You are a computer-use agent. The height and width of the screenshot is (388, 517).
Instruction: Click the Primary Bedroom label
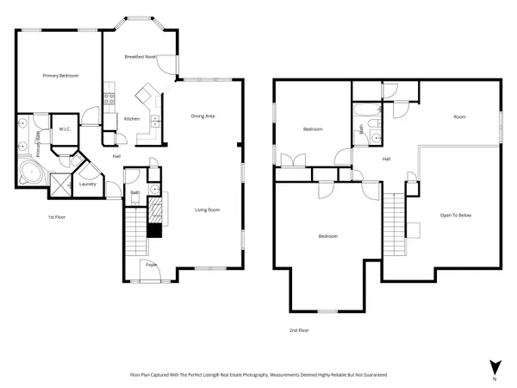(61, 76)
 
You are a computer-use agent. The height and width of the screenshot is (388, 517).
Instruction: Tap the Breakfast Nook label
(139, 56)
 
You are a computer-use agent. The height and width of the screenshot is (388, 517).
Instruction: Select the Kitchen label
(132, 118)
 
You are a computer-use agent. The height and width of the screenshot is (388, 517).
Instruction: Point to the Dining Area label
(202, 115)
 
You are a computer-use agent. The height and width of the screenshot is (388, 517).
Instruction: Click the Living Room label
(207, 210)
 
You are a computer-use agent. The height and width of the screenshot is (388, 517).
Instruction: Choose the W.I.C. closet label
(64, 129)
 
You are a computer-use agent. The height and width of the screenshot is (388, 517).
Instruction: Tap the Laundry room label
(87, 184)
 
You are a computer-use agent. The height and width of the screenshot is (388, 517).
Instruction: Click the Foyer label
(152, 265)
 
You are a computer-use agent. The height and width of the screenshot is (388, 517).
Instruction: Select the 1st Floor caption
(57, 217)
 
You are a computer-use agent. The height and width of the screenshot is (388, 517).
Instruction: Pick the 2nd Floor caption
(299, 330)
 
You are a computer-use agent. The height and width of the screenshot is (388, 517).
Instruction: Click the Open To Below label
(456, 215)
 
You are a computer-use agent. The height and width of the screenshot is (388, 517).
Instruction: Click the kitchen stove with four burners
(109, 97)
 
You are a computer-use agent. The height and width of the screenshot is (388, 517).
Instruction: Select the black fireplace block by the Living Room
(155, 229)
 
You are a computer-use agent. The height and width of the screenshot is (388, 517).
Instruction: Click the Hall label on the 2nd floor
(387, 159)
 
